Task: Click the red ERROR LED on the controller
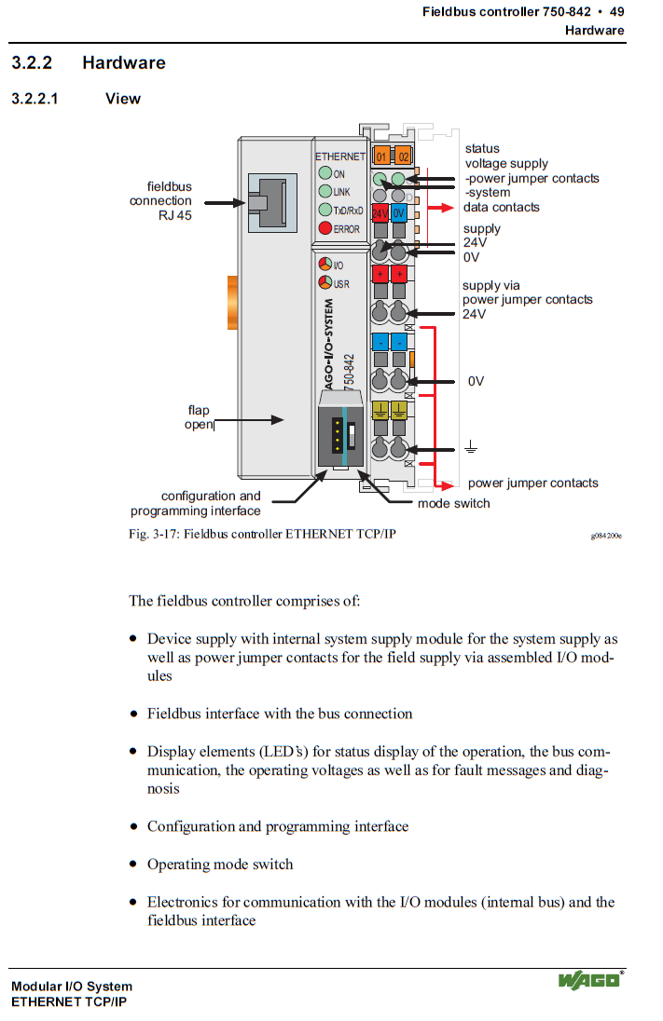coord(325,229)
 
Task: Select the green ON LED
coord(325,173)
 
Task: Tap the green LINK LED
coord(325,192)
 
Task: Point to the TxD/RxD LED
coord(325,211)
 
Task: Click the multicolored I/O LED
coord(325,265)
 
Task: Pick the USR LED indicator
coord(325,283)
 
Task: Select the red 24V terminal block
coord(380,213)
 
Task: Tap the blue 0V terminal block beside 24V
coord(398,213)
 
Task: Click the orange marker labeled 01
coord(381,157)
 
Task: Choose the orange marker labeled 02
coord(403,157)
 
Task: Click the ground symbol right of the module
coord(471,449)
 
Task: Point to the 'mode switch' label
coord(453,503)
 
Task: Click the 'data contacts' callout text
coord(501,207)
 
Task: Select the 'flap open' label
coord(199,417)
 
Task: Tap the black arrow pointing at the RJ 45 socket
coord(224,201)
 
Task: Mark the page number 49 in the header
coord(616,12)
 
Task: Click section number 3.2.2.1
coord(35,99)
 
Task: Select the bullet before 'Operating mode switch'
coord(133,864)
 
